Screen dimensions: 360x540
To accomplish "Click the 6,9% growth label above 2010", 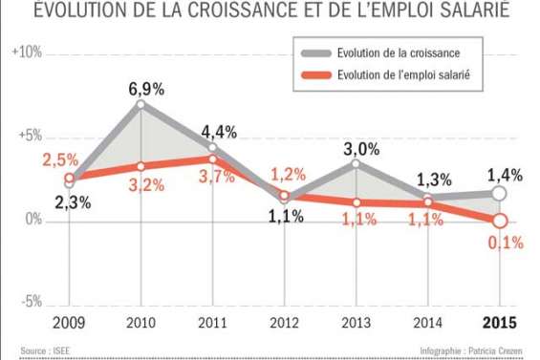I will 146,89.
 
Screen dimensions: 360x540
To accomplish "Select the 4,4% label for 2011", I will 221,132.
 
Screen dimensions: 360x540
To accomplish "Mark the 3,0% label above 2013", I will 360,149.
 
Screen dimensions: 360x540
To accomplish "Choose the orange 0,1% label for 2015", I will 505,243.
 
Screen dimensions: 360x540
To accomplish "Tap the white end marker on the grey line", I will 498,194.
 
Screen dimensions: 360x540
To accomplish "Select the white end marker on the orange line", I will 498,221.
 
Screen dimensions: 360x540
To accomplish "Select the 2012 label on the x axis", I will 284,322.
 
